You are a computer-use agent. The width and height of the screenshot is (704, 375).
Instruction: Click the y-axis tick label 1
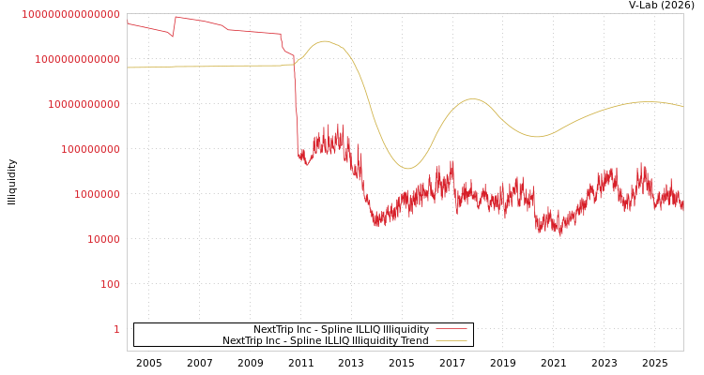pos(116,329)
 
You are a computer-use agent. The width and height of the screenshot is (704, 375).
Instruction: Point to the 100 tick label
pos(110,284)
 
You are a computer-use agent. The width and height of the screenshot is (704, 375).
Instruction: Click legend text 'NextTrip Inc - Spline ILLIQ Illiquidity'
pos(341,329)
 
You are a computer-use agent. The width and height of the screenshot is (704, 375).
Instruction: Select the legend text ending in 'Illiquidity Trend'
pos(325,340)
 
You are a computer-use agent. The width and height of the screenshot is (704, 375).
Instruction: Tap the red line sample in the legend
pos(451,329)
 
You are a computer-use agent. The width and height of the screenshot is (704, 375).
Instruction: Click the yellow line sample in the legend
pos(451,340)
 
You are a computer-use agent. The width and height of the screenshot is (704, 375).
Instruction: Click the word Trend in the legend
pos(414,340)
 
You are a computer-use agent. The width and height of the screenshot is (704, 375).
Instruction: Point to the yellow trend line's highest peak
pos(325,41)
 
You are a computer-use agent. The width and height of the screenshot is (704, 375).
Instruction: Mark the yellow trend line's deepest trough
pos(407,169)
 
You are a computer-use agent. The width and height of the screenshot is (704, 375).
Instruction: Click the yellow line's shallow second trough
pos(537,137)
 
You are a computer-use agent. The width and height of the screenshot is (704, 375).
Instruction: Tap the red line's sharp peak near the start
pos(176,17)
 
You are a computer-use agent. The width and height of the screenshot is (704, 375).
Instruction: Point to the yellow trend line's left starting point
pos(128,67)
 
